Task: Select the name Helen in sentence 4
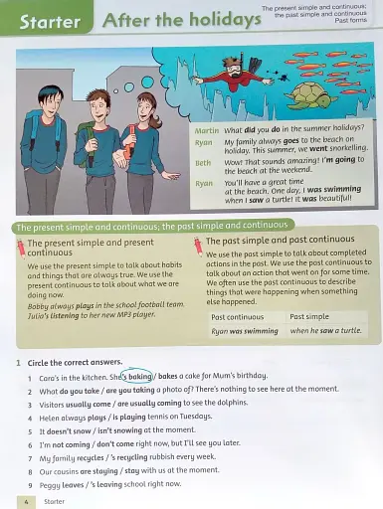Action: click(x=53, y=418)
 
